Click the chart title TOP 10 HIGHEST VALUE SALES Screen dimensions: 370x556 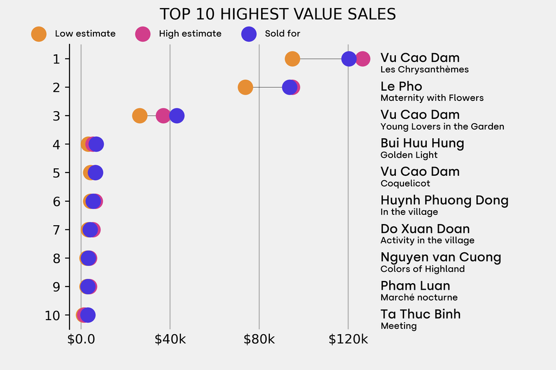pos(277,14)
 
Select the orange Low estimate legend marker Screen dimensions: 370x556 pos(39,34)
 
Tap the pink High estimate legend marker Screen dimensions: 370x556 pos(142,34)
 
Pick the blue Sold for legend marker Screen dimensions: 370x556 pos(248,34)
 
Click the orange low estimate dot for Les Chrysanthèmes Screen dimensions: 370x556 pos(292,59)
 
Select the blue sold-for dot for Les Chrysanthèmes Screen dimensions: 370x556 pos(349,59)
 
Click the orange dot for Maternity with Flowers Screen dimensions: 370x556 pos(245,87)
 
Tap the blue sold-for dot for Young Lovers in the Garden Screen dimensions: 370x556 pos(176,116)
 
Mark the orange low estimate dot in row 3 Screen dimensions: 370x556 pos(140,116)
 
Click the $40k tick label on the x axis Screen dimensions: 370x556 pos(170,340)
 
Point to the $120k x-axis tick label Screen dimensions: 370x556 pos(348,340)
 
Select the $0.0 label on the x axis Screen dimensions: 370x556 pos(81,340)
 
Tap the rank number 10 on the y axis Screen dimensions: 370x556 pos(53,315)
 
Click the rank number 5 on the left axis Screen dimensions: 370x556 pos(56,173)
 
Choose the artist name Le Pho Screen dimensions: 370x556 pos(401,86)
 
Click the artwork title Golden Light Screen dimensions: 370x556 pos(409,155)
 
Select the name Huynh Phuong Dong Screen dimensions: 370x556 pos(444,200)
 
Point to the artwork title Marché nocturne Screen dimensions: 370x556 pos(419,297)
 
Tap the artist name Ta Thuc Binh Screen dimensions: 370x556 pos(420,314)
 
